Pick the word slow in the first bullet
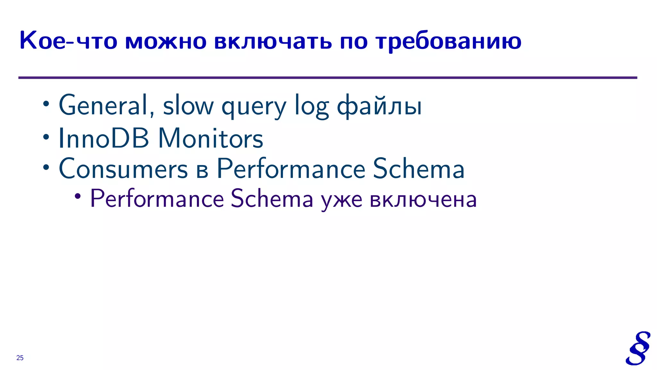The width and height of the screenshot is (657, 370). [x=188, y=105]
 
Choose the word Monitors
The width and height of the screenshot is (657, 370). [x=210, y=138]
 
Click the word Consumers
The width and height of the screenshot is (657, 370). [x=123, y=169]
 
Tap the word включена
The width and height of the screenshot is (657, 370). [x=423, y=199]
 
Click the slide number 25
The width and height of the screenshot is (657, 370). [x=20, y=358]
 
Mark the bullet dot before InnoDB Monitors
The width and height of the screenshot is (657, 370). [x=46, y=137]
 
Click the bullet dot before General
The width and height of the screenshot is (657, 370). [x=46, y=104]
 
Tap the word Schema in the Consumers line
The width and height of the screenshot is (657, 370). [x=418, y=169]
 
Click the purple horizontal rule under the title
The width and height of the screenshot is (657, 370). [x=327, y=78]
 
